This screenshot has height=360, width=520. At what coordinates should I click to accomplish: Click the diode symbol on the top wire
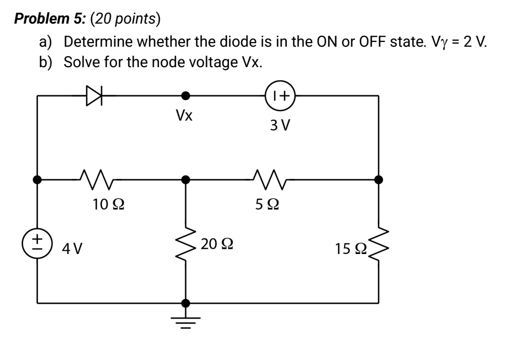(x=93, y=96)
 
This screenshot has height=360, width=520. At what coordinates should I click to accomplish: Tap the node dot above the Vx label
(x=185, y=96)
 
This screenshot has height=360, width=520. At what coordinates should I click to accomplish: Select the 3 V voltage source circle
(x=281, y=96)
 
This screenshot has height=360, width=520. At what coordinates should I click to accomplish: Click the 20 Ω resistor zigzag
(x=185, y=244)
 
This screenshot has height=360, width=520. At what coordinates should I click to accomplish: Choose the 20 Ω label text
(x=217, y=243)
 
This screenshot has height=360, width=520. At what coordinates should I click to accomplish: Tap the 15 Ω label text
(x=349, y=247)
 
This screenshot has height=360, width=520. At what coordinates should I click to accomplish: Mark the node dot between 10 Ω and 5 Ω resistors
(x=185, y=179)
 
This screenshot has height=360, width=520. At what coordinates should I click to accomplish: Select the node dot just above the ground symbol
(x=185, y=303)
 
